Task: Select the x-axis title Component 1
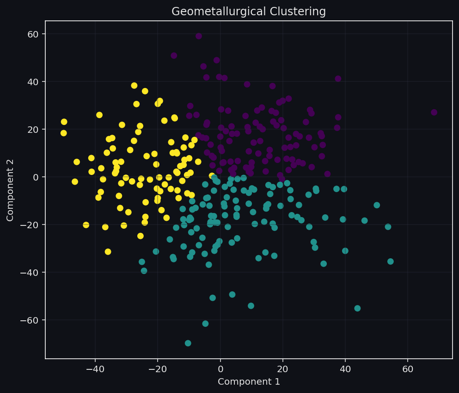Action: (249, 382)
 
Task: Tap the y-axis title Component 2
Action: (10, 189)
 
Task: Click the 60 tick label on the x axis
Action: (408, 370)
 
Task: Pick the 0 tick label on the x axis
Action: (220, 370)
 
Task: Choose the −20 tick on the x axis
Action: (158, 370)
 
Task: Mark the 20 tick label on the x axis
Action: (283, 370)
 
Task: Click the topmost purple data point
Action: (199, 36)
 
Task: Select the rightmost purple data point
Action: (434, 112)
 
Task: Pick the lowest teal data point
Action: (188, 343)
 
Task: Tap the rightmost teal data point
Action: (391, 262)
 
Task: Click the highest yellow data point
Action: (134, 86)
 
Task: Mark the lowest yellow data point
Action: (108, 252)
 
